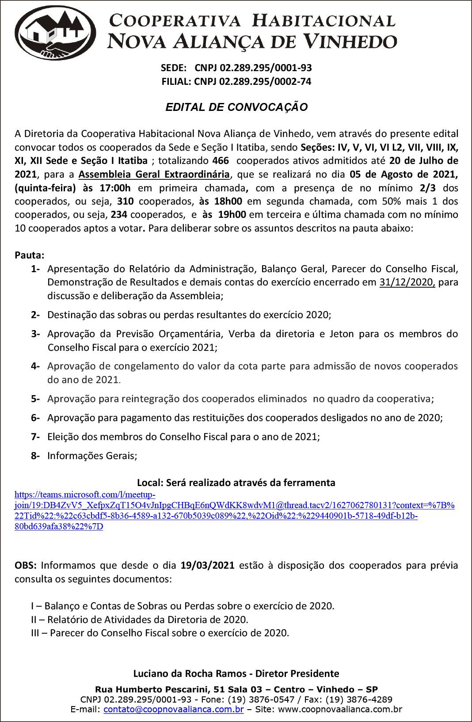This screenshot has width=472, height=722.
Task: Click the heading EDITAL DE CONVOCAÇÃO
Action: pyautogui.click(x=236, y=107)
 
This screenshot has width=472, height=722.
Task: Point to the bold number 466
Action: pyautogui.click(x=221, y=161)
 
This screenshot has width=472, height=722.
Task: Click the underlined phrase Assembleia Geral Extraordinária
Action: pyautogui.click(x=154, y=175)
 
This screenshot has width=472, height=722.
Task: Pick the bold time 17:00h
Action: pyautogui.click(x=115, y=188)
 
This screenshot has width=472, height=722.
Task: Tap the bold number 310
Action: pyautogui.click(x=126, y=201)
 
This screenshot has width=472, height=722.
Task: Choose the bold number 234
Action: pyautogui.click(x=119, y=215)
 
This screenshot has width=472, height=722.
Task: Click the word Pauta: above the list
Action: pyautogui.click(x=30, y=255)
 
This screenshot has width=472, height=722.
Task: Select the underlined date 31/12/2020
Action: pyautogui.click(x=407, y=282)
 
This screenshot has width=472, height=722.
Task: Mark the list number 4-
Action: pyautogui.click(x=35, y=366)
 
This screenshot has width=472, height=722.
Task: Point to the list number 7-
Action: pyautogui.click(x=35, y=437)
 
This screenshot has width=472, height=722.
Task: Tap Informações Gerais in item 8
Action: pyautogui.click(x=92, y=456)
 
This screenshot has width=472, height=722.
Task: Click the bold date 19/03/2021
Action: pyautogui.click(x=207, y=566)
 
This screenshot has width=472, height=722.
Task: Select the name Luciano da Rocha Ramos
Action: pyautogui.click(x=190, y=674)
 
